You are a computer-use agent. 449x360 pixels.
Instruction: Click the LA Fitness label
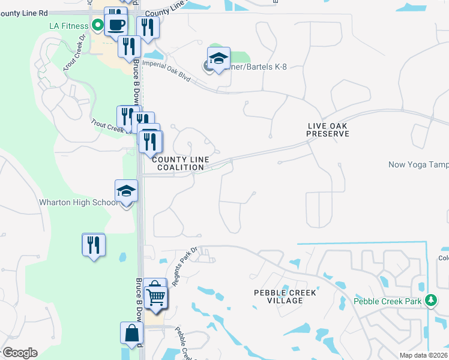point(68,26)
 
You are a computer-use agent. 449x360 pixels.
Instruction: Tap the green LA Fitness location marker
point(97,26)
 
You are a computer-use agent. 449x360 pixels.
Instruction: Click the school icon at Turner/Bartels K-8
point(218,59)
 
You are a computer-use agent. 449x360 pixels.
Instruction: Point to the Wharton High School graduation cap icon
point(126,191)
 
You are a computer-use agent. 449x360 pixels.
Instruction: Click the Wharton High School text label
point(78,203)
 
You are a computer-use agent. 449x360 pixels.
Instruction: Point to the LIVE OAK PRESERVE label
point(327,130)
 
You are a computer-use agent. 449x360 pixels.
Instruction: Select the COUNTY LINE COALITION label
point(180,163)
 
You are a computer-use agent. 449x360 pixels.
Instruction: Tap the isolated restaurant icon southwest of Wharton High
point(94,245)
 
